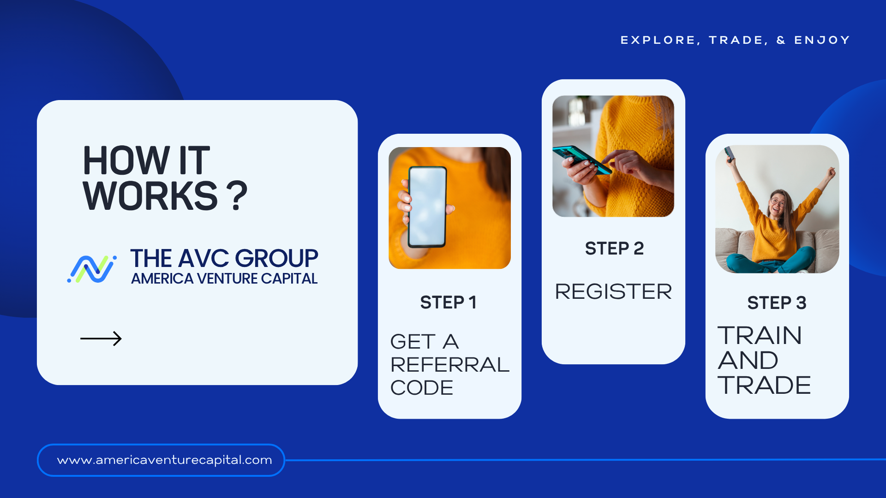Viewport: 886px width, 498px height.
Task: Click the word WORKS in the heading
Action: click(150, 196)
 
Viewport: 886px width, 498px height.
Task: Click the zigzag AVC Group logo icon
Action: click(92, 269)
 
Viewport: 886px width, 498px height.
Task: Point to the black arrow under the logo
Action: click(101, 338)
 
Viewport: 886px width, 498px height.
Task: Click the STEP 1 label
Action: click(448, 302)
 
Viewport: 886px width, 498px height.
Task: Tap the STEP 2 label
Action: click(614, 249)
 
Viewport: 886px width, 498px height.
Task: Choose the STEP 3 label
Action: click(777, 303)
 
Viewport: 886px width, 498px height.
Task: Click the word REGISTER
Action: click(613, 291)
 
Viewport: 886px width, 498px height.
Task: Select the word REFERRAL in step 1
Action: click(450, 365)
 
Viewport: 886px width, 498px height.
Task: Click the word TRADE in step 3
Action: click(764, 385)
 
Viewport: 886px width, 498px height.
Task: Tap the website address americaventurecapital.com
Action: click(165, 460)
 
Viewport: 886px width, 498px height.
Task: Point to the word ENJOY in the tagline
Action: click(822, 40)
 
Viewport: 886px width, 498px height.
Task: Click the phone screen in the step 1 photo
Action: click(427, 207)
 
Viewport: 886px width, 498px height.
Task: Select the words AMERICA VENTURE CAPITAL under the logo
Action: click(224, 279)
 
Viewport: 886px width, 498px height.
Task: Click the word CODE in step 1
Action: click(422, 388)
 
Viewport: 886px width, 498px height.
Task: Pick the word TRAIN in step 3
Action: click(760, 335)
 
